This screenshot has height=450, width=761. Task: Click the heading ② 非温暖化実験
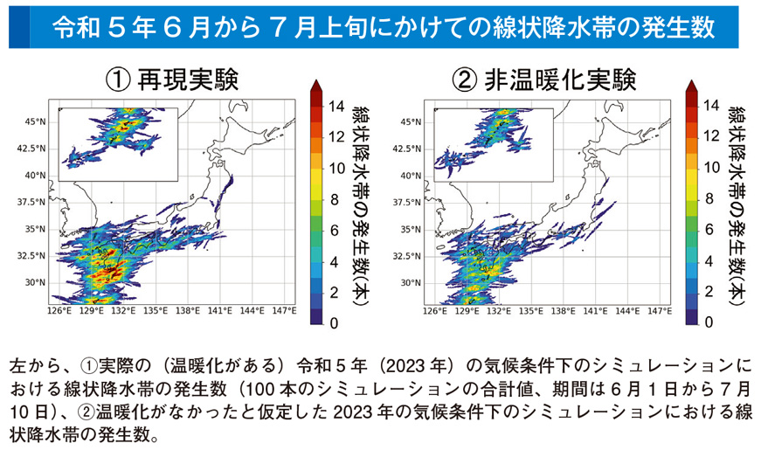coord(544,80)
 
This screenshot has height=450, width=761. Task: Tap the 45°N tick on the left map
coord(35,121)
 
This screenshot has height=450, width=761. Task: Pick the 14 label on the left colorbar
coord(340,106)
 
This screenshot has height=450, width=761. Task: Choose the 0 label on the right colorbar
coord(709,322)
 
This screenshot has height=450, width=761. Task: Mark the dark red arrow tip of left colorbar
coord(315,84)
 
